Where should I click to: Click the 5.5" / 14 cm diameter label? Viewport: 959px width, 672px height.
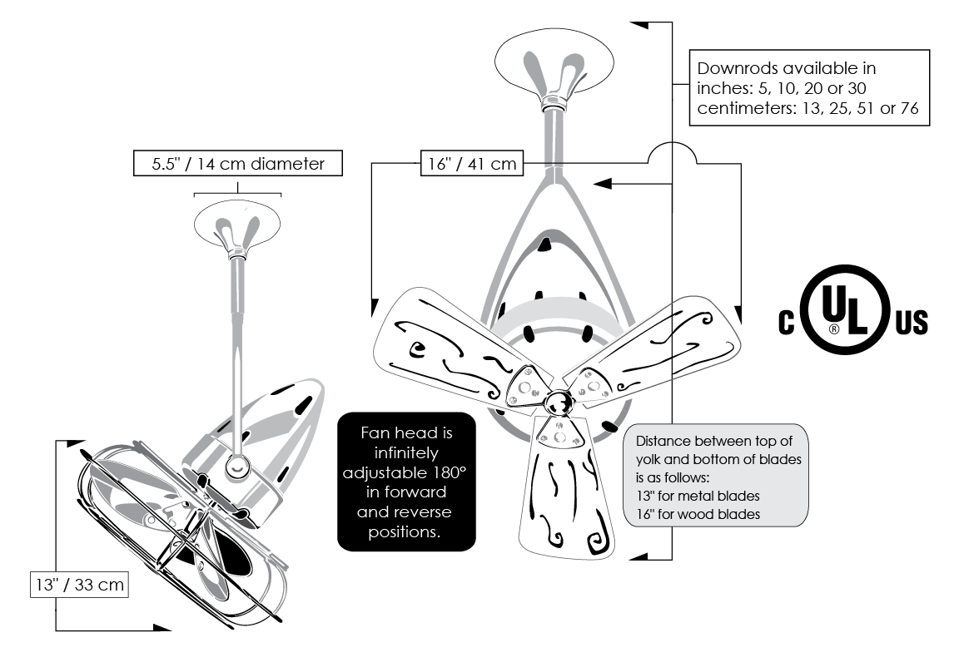click(x=238, y=163)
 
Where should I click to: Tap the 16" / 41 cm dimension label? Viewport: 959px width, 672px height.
click(x=471, y=163)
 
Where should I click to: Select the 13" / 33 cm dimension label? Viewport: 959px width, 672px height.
click(x=80, y=585)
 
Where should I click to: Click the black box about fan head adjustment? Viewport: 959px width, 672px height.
click(x=406, y=482)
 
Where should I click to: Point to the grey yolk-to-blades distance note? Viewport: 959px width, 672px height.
click(x=716, y=475)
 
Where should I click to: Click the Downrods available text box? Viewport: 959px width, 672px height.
click(x=809, y=88)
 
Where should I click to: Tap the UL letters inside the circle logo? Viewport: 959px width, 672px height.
click(x=845, y=309)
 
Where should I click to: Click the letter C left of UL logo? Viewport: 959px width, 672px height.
click(x=786, y=322)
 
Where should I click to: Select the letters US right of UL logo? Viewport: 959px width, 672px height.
click(x=912, y=322)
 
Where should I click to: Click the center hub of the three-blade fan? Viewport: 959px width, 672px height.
click(x=559, y=402)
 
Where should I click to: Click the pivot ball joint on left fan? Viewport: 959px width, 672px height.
click(x=237, y=466)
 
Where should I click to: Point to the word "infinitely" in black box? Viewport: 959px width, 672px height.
click(x=406, y=452)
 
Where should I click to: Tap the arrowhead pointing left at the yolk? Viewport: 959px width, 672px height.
click(x=603, y=183)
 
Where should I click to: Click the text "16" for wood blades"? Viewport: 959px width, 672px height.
click(x=698, y=514)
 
